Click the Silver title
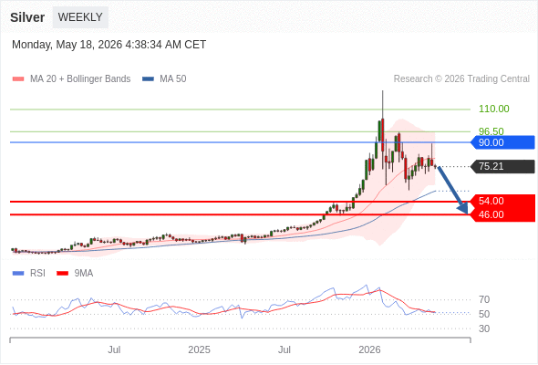[27, 17]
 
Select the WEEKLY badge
[80, 17]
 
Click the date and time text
[109, 45]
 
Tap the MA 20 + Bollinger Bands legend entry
[71, 79]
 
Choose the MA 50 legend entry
[164, 79]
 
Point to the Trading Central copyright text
[461, 79]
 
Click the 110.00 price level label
[493, 109]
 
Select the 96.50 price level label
[491, 130]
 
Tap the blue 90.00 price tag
[502, 142]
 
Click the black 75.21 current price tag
[502, 167]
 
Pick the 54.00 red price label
[502, 202]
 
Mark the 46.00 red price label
[502, 215]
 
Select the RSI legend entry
[28, 274]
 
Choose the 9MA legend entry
[75, 274]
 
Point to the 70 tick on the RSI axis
[484, 300]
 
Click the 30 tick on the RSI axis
[484, 328]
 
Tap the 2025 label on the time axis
[199, 349]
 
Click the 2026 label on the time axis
[369, 349]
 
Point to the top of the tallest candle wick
[383, 90]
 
